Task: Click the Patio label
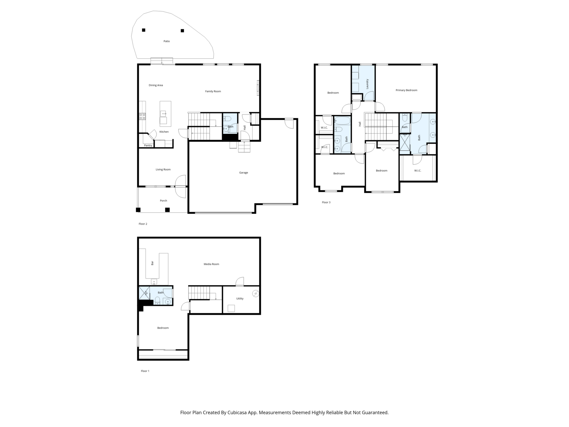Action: pos(167,41)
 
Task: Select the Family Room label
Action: pos(213,91)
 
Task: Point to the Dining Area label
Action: pos(156,85)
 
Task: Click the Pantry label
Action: pos(148,146)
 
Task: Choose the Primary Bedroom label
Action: pos(406,90)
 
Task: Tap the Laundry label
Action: pos(367,84)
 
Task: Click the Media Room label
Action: pos(212,264)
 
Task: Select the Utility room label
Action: pos(240,299)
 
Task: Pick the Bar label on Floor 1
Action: pos(152,263)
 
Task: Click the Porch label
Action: pos(164,201)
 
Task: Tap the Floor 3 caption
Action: pos(326,202)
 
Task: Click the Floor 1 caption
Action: pos(145,371)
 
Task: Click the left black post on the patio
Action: pos(144,30)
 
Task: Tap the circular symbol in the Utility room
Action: pos(256,293)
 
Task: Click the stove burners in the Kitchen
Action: pos(142,116)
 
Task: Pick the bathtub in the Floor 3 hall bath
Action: pos(342,121)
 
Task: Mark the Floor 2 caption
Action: pos(143,224)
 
